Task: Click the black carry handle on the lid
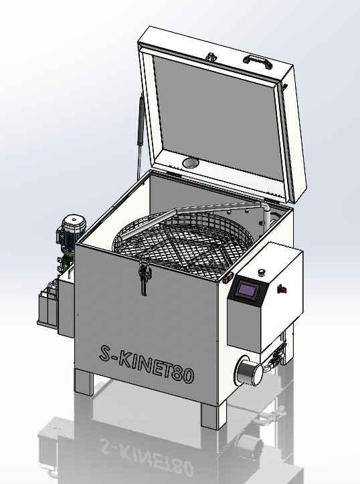(257, 62)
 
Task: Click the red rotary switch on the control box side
(282, 289)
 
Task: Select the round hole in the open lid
(191, 162)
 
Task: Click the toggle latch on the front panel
(145, 277)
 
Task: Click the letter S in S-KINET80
(106, 353)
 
